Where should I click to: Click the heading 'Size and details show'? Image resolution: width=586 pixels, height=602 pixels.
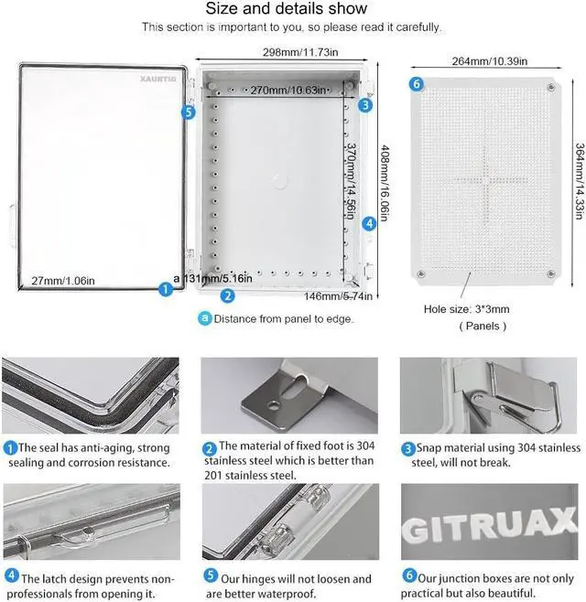286,9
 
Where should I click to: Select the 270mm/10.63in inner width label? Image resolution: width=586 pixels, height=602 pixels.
277,91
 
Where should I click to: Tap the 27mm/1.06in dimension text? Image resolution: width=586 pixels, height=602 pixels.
63,280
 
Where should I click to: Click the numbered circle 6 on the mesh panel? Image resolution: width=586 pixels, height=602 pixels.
417,84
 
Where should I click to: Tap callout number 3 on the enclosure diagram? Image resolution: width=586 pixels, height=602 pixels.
365,104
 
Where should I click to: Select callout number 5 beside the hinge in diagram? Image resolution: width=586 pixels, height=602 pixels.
189,112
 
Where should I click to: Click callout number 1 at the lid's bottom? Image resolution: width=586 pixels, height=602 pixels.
166,289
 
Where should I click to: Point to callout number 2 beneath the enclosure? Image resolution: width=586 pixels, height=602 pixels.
228,296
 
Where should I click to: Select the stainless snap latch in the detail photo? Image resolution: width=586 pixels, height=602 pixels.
499,394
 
